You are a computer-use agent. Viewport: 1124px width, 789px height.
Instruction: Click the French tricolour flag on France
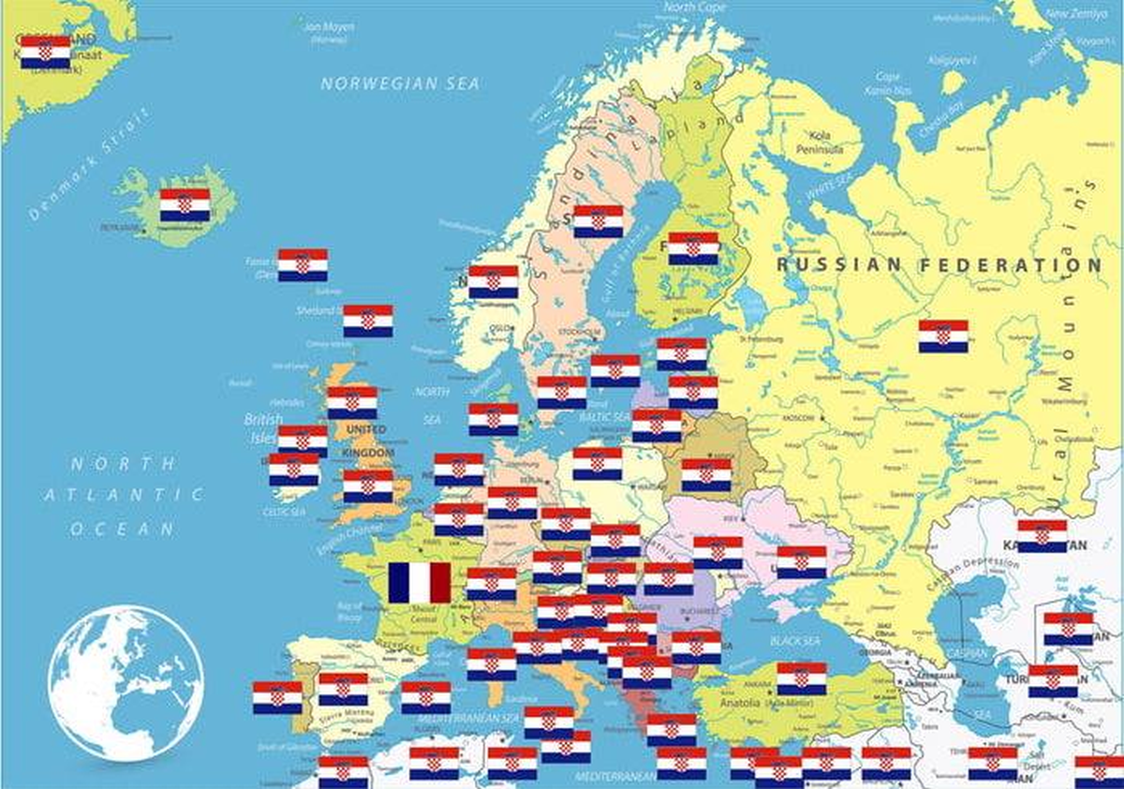click(420, 582)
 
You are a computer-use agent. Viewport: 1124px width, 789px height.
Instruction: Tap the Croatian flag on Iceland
click(185, 205)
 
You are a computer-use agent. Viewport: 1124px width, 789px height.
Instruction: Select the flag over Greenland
click(45, 52)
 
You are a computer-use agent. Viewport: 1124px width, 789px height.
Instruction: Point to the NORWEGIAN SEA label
click(400, 84)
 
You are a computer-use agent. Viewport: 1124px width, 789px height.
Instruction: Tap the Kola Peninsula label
click(820, 141)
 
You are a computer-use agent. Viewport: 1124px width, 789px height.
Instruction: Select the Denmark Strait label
click(89, 165)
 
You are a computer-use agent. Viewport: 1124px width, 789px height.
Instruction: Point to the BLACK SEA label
click(794, 641)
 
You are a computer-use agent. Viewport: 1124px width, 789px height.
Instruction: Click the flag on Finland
click(693, 248)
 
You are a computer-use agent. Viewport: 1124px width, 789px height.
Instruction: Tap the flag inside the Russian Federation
click(943, 336)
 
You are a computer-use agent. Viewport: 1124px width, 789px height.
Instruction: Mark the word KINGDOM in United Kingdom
click(368, 453)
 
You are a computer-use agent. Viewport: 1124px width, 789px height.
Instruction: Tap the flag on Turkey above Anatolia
click(802, 678)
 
